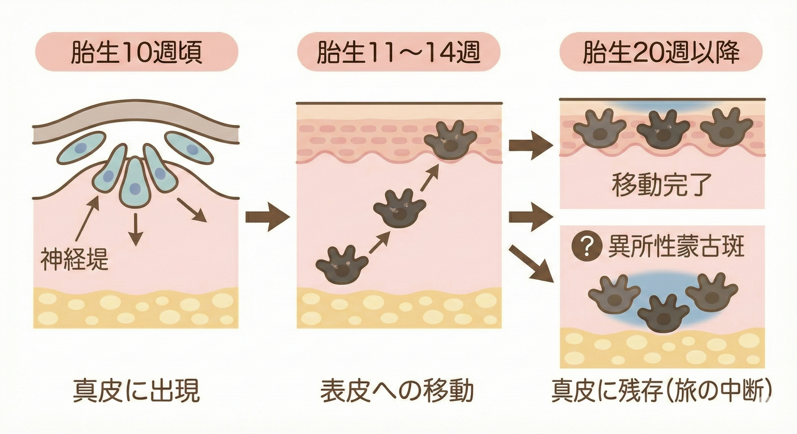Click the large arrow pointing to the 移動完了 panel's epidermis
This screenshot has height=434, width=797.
click(x=531, y=145)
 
